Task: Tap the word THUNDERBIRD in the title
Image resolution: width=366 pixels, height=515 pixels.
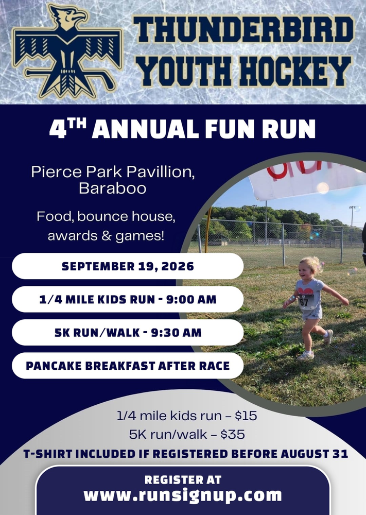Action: pyautogui.click(x=243, y=29)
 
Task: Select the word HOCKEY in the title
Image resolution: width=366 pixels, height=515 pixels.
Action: pyautogui.click(x=294, y=71)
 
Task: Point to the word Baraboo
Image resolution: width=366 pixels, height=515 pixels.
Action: pyautogui.click(x=112, y=188)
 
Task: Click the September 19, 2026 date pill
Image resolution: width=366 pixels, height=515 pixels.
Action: pyautogui.click(x=128, y=266)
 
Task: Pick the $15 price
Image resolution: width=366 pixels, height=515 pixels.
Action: pyautogui.click(x=246, y=416)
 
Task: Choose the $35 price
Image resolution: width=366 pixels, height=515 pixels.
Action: pyautogui.click(x=233, y=435)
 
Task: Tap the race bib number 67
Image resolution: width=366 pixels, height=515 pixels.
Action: pyautogui.click(x=304, y=302)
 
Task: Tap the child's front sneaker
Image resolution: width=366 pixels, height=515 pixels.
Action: pyautogui.click(x=306, y=355)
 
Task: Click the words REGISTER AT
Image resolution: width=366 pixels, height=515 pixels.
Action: pyautogui.click(x=183, y=480)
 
